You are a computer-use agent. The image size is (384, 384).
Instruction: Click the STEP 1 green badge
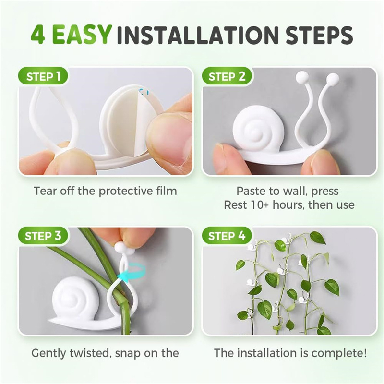[43, 76]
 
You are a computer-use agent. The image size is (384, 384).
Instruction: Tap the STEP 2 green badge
[227, 76]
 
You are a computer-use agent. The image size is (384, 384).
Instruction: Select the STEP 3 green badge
[43, 236]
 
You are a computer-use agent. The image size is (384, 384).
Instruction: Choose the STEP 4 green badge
[227, 236]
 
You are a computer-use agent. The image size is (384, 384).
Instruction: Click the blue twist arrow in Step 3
[132, 272]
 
